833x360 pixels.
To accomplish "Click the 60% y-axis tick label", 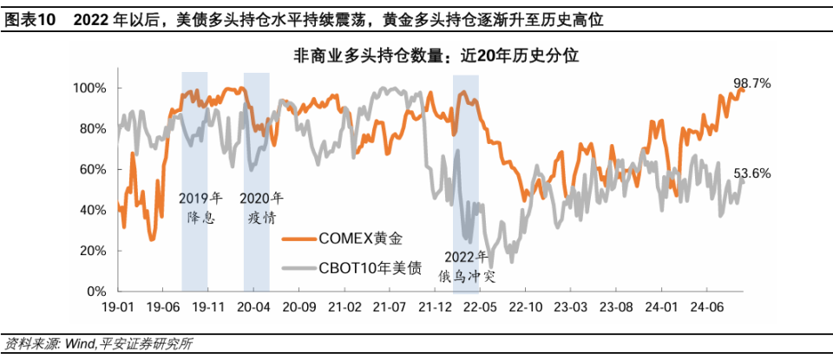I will pyautogui.click(x=92, y=169).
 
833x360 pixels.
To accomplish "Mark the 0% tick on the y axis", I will pyautogui.click(x=95, y=291).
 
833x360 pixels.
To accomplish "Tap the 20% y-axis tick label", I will pyautogui.click(x=92, y=251).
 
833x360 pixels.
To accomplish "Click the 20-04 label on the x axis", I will pyautogui.click(x=253, y=307).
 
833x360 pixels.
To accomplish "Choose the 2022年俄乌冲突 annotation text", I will pyautogui.click(x=467, y=266).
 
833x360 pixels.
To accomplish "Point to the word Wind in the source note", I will pyautogui.click(x=75, y=344).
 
